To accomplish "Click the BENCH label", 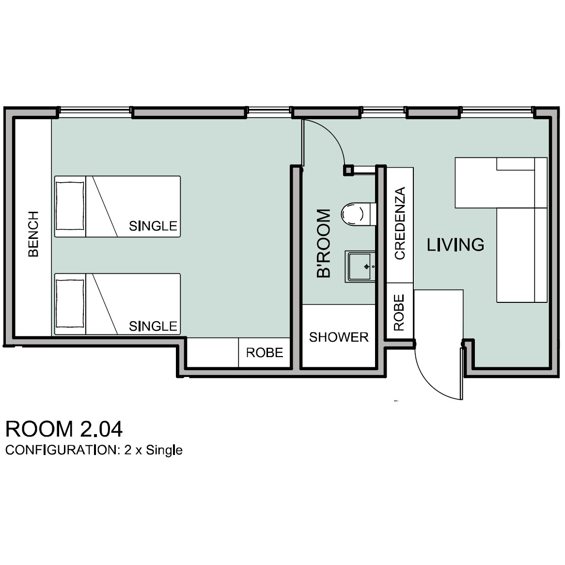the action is (x=33, y=234).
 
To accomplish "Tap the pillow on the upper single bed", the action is (x=70, y=206).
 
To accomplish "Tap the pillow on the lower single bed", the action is (x=70, y=303).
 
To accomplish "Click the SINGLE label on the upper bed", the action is (x=153, y=226).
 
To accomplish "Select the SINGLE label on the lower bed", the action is (x=153, y=326).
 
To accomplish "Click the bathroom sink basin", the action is (x=360, y=267).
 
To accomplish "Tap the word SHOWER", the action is (x=339, y=337).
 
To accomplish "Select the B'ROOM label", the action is (x=324, y=243).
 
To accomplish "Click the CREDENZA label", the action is (x=400, y=223).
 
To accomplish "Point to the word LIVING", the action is (x=455, y=245).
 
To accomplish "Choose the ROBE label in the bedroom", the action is (x=265, y=352).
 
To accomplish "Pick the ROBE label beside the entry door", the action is (x=399, y=313).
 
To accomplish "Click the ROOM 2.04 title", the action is (x=64, y=429).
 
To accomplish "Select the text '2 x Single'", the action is (x=153, y=451).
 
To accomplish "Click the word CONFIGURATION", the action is (x=61, y=450).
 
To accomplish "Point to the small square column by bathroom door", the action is (x=348, y=170).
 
